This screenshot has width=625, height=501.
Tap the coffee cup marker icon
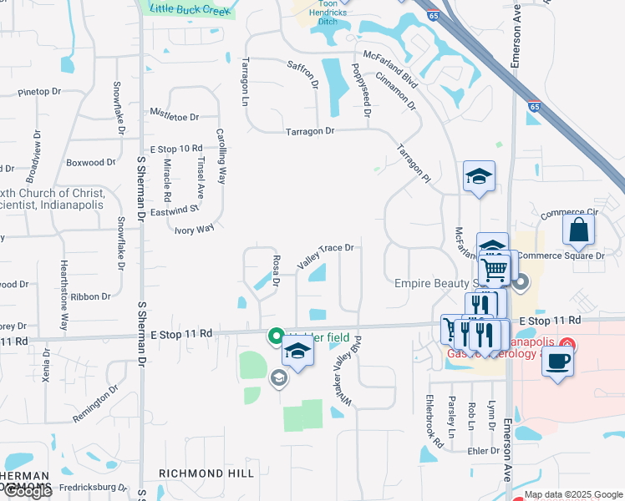point(558,362)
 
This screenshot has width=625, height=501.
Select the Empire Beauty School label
point(434,282)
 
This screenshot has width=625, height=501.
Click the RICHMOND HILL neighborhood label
point(206,473)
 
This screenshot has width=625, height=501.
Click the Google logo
point(28,491)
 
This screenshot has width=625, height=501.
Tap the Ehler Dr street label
point(484,449)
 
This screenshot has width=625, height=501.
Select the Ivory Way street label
point(194,228)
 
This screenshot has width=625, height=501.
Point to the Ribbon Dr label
point(90,296)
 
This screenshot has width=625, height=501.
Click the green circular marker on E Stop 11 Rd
point(274,337)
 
